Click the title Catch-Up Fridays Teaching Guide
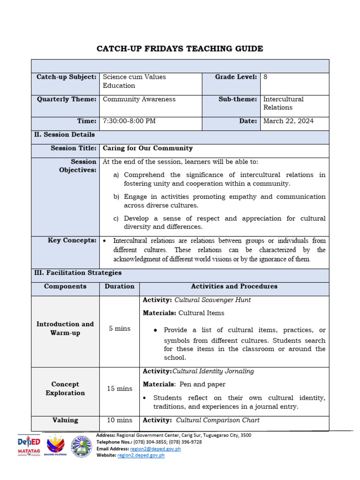[180, 49]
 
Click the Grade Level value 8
[266, 77]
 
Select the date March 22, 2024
[288, 121]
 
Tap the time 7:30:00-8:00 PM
[129, 121]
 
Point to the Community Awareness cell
[139, 99]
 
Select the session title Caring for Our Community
[148, 148]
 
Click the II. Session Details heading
[65, 135]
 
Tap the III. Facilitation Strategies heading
[78, 272]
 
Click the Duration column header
[120, 286]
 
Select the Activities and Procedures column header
[234, 286]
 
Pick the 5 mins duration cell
[120, 328]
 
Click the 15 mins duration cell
[120, 388]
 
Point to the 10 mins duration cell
[120, 420]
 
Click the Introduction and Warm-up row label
[65, 328]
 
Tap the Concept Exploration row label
[65, 388]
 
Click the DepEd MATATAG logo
[29, 445]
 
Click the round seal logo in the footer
[82, 446]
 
